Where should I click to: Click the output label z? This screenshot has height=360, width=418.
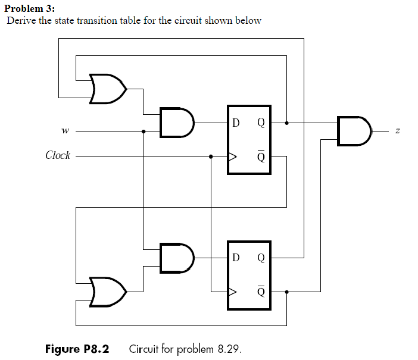point(389,131)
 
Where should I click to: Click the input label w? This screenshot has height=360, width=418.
point(64,132)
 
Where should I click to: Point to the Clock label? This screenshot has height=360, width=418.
point(58,156)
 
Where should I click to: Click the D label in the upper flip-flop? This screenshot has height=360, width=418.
point(236,124)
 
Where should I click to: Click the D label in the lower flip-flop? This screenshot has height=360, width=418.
point(236,259)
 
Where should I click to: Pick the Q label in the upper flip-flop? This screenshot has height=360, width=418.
point(261,124)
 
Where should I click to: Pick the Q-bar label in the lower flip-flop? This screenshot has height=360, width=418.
point(261,291)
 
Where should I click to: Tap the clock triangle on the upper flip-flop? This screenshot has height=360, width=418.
point(232,157)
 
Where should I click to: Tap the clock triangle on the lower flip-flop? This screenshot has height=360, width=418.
point(232,292)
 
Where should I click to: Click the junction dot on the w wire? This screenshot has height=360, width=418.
point(144,132)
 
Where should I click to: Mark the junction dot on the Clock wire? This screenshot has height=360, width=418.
point(211,157)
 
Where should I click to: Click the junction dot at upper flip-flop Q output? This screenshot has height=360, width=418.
point(287,123)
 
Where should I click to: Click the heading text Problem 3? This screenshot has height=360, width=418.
point(29,9)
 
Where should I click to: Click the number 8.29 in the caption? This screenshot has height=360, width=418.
point(229,348)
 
